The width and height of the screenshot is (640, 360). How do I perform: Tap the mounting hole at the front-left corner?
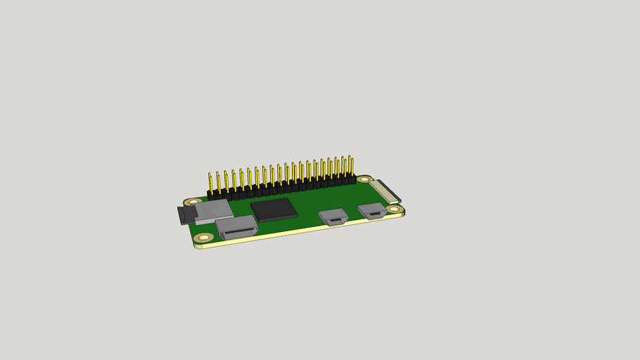click(204, 238)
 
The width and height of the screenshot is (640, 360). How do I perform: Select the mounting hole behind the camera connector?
click(363, 179)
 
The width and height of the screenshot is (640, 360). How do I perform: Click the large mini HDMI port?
click(236, 227)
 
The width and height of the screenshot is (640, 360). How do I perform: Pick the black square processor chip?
click(274, 210)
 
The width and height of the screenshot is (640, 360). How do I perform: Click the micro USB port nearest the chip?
click(333, 217)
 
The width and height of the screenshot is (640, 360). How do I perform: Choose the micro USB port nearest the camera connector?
click(371, 210)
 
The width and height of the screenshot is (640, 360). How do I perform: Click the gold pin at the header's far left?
click(210, 181)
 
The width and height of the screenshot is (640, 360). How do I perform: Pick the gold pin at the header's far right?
click(351, 166)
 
